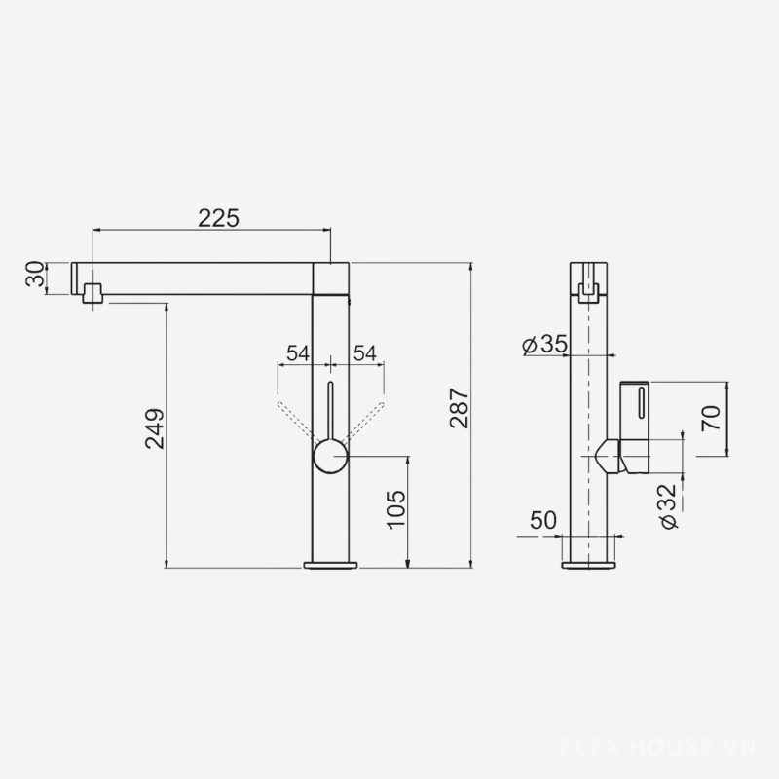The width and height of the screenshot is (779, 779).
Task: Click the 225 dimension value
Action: (x=218, y=218)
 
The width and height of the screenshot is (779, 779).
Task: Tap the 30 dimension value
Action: (x=36, y=275)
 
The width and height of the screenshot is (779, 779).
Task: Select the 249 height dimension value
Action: (x=155, y=428)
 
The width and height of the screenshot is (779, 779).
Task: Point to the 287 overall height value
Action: (x=459, y=408)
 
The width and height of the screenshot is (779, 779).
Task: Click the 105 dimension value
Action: (x=396, y=509)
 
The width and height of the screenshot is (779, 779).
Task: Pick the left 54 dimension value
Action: (x=298, y=353)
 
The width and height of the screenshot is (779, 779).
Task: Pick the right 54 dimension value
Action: (x=364, y=353)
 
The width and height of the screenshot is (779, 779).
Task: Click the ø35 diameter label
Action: (x=544, y=344)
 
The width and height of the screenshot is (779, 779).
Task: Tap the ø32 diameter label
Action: (x=668, y=506)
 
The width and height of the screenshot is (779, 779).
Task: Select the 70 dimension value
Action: (x=711, y=419)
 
